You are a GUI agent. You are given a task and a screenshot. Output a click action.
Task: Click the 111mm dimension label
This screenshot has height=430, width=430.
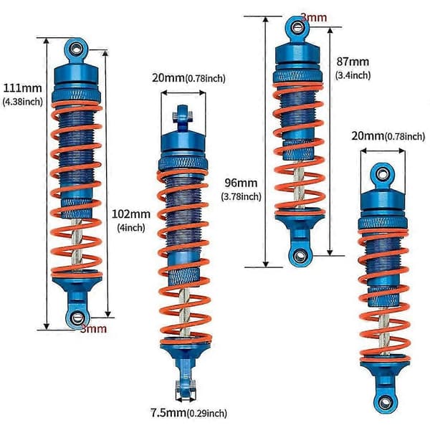(22, 88)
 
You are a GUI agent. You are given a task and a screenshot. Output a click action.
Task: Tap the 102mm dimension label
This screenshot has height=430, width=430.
(131, 214)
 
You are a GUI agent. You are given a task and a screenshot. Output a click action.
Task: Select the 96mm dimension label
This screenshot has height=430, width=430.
(241, 183)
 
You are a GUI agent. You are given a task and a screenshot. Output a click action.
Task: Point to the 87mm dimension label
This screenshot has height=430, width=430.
(353, 62)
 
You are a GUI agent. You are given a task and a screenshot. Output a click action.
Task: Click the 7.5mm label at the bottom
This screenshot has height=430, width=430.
(168, 413)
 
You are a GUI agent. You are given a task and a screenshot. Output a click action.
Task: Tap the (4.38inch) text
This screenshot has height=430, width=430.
(23, 102)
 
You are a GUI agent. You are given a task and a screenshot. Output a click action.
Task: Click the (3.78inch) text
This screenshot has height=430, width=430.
(241, 196)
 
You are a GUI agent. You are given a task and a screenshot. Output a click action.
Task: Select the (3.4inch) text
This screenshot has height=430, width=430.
(353, 75)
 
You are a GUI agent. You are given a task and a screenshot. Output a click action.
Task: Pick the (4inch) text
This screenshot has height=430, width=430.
(131, 228)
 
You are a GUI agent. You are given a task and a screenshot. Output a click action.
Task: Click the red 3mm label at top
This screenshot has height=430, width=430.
(315, 17)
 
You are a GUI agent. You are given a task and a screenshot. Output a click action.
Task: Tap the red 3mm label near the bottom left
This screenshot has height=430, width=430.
(93, 328)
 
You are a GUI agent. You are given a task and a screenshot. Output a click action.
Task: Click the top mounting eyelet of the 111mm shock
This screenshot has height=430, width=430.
(76, 49)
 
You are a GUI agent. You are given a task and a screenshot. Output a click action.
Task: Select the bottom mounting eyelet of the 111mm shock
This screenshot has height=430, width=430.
(77, 318)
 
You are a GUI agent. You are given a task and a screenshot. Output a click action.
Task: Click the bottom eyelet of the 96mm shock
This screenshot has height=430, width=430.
(300, 256)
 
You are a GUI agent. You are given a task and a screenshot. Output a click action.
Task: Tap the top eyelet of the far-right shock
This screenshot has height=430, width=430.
(382, 174)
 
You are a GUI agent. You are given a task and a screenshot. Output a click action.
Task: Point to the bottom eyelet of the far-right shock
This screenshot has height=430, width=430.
(385, 402)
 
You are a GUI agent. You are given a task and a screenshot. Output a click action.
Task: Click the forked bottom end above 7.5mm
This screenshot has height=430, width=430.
(186, 389)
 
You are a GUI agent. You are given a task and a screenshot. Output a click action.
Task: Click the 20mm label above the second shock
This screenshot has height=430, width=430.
(168, 78)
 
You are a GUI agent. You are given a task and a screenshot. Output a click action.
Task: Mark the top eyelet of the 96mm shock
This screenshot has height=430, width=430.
(297, 27)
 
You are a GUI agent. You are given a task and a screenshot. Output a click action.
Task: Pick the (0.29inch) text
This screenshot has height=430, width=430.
(206, 413)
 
